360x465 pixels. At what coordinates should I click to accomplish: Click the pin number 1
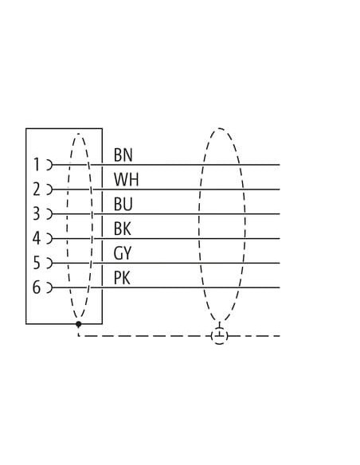click(37, 165)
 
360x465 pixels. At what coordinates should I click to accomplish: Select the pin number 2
click(37, 190)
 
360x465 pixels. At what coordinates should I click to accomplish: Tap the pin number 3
click(36, 214)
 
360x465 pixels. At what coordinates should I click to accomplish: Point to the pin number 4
click(36, 238)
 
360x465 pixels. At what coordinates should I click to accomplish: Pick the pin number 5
click(36, 263)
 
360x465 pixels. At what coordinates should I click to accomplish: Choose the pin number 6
click(36, 287)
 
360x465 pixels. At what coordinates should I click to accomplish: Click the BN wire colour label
click(123, 154)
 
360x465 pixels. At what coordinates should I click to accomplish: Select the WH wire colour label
click(127, 179)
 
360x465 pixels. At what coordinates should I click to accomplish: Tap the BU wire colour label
click(123, 204)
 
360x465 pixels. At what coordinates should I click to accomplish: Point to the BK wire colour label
click(123, 229)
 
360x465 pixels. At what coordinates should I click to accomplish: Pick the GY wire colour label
click(122, 253)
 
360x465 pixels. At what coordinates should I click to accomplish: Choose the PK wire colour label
click(122, 278)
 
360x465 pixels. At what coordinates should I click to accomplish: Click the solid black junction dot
click(78, 324)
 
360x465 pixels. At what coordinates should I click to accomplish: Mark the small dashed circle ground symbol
click(220, 336)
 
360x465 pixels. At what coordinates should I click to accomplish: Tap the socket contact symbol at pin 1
click(50, 165)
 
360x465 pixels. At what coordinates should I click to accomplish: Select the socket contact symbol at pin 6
click(50, 287)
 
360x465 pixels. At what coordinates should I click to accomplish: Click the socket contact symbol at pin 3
click(50, 214)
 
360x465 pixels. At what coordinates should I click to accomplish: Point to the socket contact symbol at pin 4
click(50, 238)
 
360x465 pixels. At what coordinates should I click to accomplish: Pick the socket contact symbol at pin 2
click(50, 190)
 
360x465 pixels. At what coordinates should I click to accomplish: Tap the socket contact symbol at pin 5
click(50, 263)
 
